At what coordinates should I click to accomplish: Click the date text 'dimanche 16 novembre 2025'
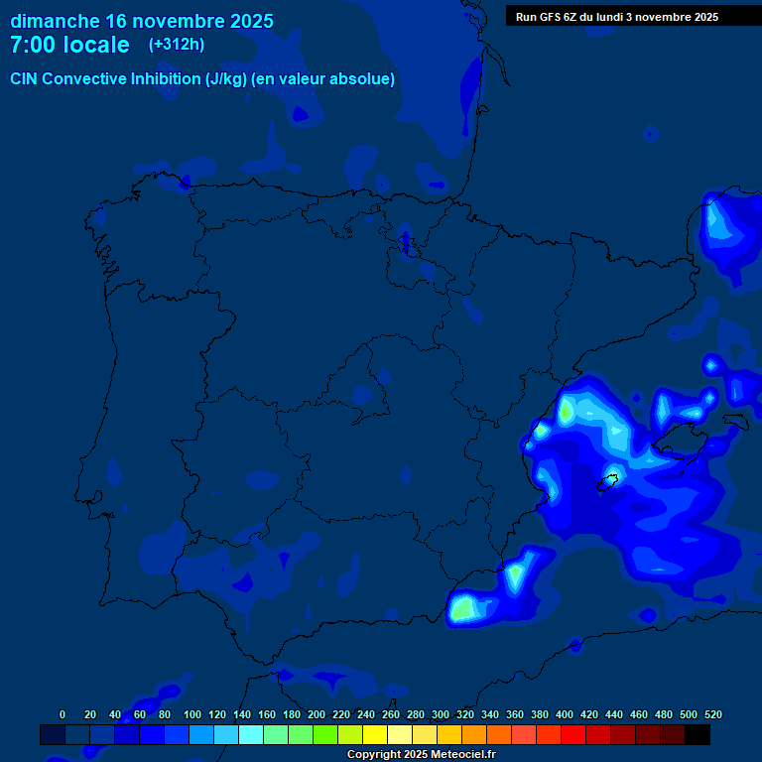click(142, 21)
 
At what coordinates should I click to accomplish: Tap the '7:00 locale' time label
click(69, 45)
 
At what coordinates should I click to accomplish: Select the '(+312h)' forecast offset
click(177, 45)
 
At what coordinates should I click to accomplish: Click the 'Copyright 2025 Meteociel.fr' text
click(421, 755)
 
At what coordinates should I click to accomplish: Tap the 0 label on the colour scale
click(63, 714)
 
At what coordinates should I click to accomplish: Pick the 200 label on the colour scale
click(317, 714)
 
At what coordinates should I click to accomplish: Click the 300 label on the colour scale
click(441, 714)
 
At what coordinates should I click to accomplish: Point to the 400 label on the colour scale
click(565, 714)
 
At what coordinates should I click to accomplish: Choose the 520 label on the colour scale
click(712, 714)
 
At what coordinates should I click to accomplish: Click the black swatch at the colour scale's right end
click(698, 735)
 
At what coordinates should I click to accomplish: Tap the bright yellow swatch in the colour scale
click(375, 735)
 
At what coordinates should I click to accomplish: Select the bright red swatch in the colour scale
click(573, 735)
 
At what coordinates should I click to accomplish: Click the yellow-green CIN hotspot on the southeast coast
click(462, 608)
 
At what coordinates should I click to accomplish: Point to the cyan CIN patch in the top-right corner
click(721, 225)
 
